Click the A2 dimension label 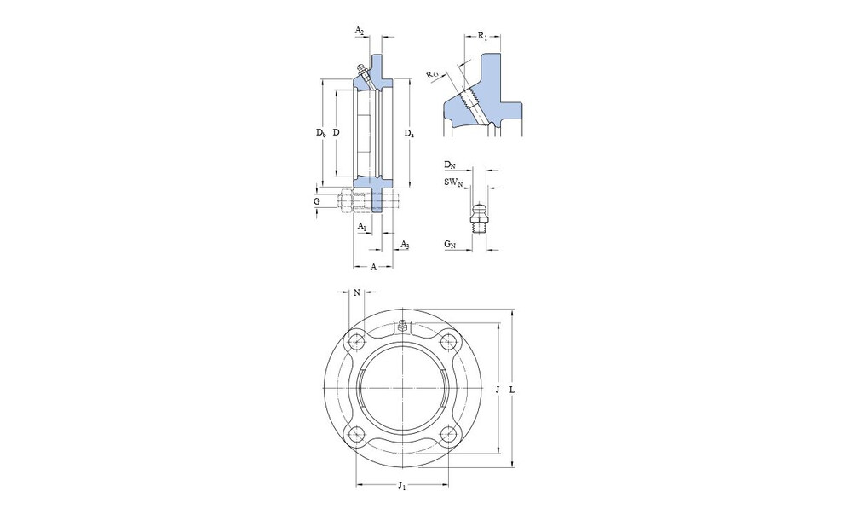(x=360, y=31)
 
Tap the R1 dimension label (x=482, y=36)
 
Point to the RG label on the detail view (x=432, y=74)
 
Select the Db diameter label (x=321, y=132)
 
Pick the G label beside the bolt (x=316, y=202)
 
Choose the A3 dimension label (x=404, y=244)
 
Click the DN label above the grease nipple (x=449, y=165)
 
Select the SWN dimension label (x=454, y=182)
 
